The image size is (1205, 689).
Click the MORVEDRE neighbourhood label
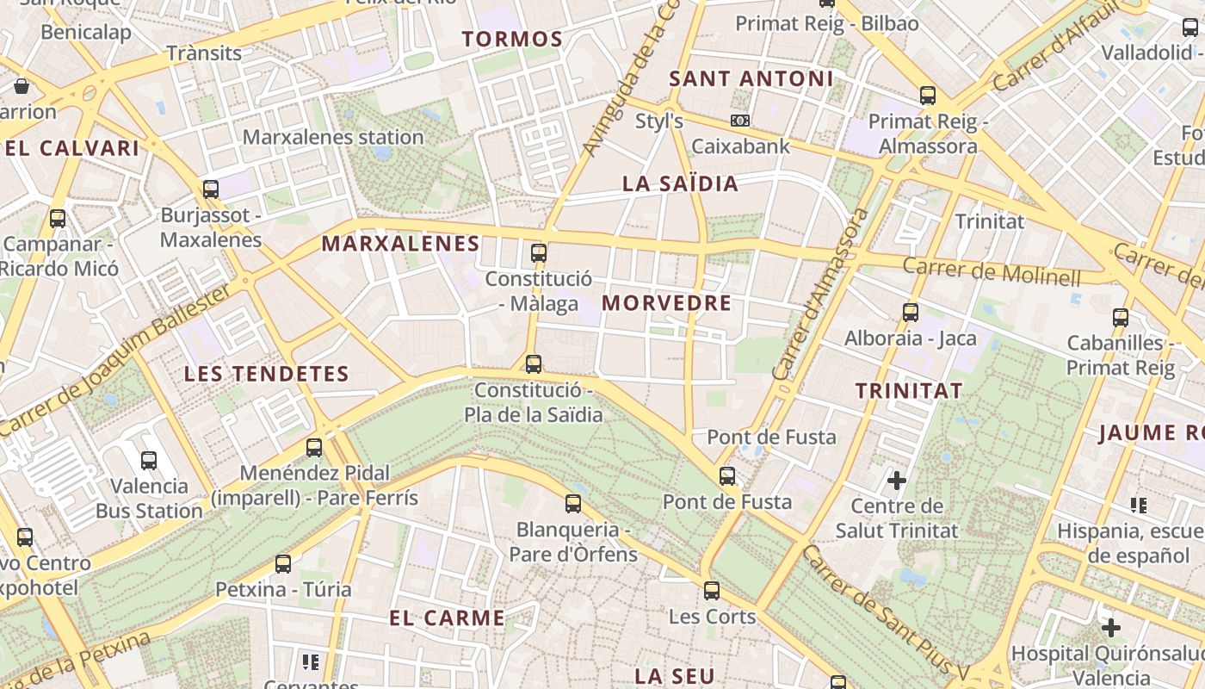pyautogui.click(x=666, y=303)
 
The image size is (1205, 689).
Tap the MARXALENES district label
pyautogui.click(x=400, y=244)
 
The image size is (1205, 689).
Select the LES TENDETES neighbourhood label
pyautogui.click(x=267, y=374)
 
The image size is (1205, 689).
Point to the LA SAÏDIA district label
pyautogui.click(x=680, y=183)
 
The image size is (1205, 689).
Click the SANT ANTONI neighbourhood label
pyautogui.click(x=751, y=79)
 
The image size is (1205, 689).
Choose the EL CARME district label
pyautogui.click(x=447, y=618)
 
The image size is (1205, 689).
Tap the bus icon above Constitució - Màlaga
pyautogui.click(x=539, y=253)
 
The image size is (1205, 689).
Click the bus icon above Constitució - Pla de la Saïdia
pyautogui.click(x=534, y=364)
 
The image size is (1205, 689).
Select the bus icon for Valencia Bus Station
pyautogui.click(x=149, y=461)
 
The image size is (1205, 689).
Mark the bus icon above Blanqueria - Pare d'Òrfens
pyautogui.click(x=573, y=504)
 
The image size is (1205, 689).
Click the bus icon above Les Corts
pyautogui.click(x=712, y=591)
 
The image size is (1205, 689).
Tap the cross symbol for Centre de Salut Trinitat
pyautogui.click(x=897, y=480)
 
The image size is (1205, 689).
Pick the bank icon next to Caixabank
pyautogui.click(x=739, y=121)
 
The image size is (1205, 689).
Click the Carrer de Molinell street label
pyautogui.click(x=991, y=271)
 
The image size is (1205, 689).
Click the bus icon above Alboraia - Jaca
pyautogui.click(x=911, y=313)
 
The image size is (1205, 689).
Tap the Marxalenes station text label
pyautogui.click(x=333, y=137)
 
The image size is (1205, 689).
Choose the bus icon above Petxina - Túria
pyautogui.click(x=283, y=564)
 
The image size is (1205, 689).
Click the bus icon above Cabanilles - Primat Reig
pyautogui.click(x=1121, y=317)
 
